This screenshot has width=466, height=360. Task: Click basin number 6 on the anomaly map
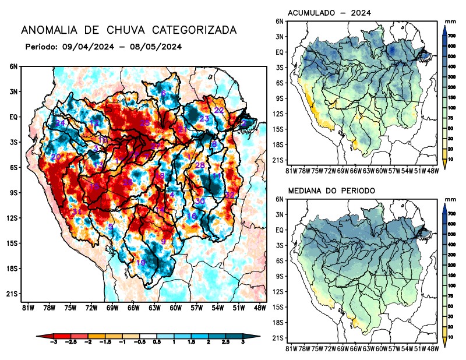coord(163,93)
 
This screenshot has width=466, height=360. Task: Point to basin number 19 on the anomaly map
coord(140,263)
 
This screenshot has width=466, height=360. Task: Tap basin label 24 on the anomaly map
coord(60,123)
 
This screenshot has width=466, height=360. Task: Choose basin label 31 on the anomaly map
coord(76,211)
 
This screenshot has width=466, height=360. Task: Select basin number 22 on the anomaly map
coord(219,110)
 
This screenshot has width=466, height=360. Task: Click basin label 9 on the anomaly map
coord(163,242)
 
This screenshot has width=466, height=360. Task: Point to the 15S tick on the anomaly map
coord(12,243)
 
